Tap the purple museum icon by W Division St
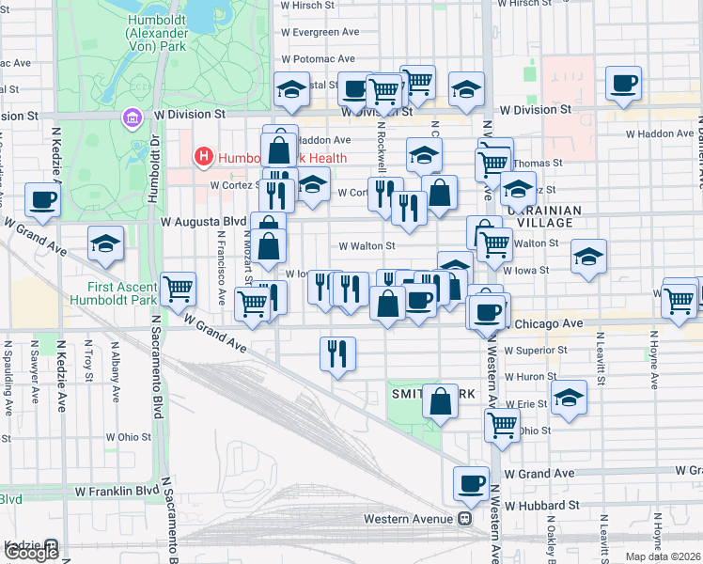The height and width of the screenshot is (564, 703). click(x=131, y=117)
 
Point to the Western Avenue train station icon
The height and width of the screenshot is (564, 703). click(x=464, y=519)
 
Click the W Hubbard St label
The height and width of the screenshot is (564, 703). click(x=542, y=505)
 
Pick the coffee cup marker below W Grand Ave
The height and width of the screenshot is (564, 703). click(x=471, y=484)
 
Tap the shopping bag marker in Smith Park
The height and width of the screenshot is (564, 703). click(x=440, y=401)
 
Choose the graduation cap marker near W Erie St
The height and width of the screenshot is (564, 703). click(x=569, y=398)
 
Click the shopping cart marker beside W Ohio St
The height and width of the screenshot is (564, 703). click(x=503, y=425)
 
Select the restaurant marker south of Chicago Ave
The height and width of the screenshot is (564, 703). click(x=337, y=353)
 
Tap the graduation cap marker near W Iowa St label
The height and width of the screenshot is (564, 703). click(x=588, y=257)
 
